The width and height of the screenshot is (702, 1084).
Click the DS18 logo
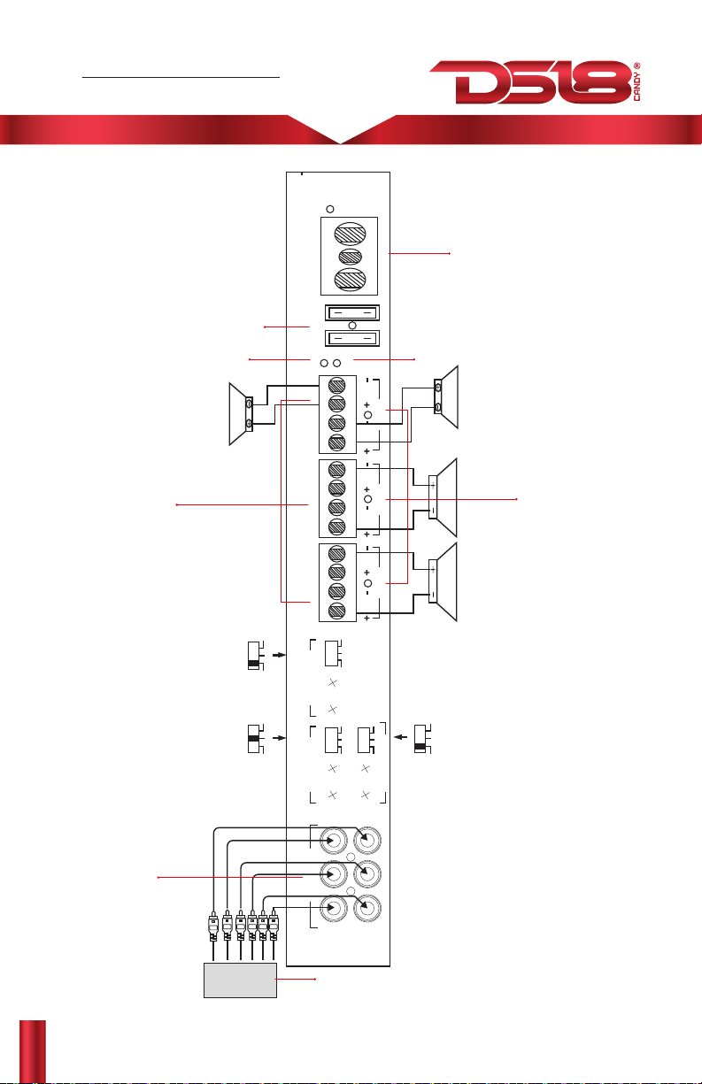[x=530, y=81]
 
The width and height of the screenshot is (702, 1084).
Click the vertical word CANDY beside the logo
[x=636, y=87]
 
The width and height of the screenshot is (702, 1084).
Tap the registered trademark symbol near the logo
[x=636, y=65]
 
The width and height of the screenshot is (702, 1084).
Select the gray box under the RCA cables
[x=240, y=980]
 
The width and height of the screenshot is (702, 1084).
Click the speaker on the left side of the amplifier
[x=241, y=414]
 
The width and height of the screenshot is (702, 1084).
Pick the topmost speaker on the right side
[x=446, y=396]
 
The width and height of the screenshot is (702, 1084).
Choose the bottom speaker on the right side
[x=443, y=581]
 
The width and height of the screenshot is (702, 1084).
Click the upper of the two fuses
[x=352, y=312]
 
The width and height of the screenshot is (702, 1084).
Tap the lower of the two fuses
[x=352, y=338]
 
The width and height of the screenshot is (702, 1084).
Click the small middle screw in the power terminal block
[x=350, y=257]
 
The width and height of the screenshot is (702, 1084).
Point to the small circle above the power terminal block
[x=330, y=209]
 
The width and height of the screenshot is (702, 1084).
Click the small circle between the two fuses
[x=352, y=326]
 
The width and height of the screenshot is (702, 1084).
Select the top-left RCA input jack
[x=334, y=840]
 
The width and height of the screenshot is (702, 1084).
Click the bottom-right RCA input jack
[x=367, y=908]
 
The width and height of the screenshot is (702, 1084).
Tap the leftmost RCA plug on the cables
[x=213, y=926]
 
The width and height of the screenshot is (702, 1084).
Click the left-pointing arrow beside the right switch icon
[x=401, y=737]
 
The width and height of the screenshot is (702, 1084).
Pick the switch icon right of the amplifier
[x=422, y=739]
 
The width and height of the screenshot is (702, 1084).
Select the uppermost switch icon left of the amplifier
[x=255, y=656]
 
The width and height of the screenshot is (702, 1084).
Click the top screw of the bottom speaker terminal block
[x=337, y=554]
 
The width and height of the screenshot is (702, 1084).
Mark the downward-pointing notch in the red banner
[x=342, y=141]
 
